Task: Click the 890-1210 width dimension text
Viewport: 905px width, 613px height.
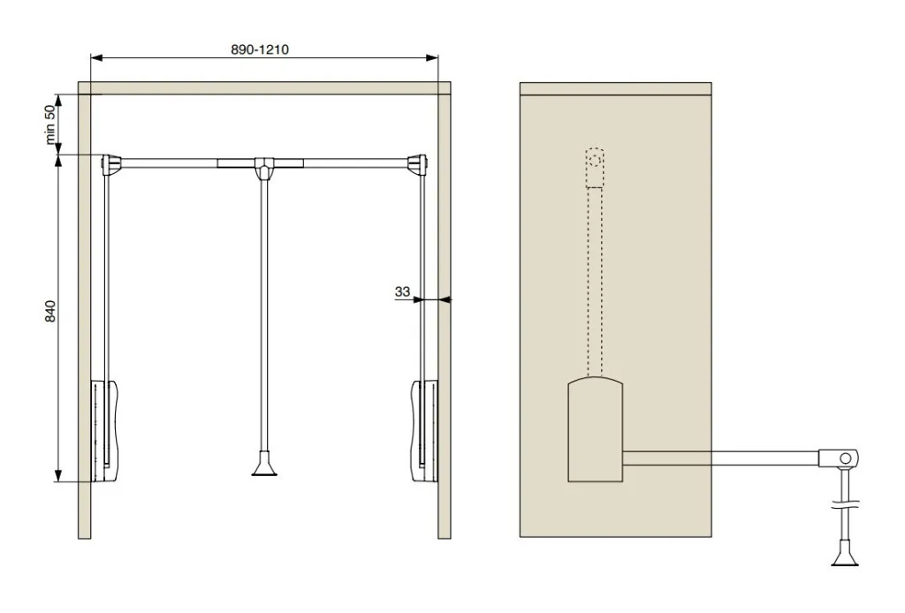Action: click(260, 49)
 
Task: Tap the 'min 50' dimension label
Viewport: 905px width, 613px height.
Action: click(50, 125)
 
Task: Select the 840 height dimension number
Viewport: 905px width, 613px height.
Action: click(50, 312)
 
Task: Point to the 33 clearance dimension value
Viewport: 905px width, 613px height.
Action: click(402, 291)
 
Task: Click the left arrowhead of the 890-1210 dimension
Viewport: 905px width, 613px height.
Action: click(96, 57)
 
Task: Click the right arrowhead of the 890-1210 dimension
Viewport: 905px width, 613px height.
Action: click(432, 57)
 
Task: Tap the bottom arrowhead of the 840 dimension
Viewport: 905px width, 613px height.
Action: click(58, 476)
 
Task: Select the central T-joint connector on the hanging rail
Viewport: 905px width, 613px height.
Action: click(263, 168)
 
